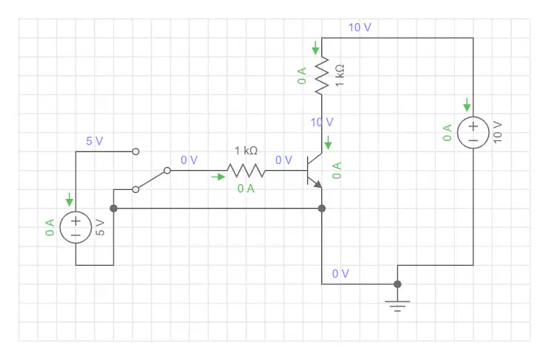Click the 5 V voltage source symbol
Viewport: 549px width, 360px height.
76,227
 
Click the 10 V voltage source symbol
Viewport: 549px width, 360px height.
473,133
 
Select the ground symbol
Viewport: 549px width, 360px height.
398,305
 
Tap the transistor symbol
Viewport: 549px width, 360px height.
315,171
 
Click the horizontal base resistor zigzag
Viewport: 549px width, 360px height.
246,171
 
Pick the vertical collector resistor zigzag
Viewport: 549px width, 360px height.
322,75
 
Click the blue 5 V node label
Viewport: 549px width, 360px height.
94,141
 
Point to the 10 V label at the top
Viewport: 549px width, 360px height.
360,27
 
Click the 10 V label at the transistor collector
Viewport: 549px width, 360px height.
322,122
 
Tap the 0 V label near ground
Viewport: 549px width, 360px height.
341,273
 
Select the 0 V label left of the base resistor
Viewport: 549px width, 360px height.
189,160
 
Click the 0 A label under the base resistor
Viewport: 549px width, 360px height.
246,189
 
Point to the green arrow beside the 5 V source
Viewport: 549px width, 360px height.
69,199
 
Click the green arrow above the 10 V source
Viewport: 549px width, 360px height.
467,105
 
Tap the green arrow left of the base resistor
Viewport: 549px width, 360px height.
218,177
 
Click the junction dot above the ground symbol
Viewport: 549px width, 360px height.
398,284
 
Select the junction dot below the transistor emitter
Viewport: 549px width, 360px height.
322,209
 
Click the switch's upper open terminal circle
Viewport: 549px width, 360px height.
136,151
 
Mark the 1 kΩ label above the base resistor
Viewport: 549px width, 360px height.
246,151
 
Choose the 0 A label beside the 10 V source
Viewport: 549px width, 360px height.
447,133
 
